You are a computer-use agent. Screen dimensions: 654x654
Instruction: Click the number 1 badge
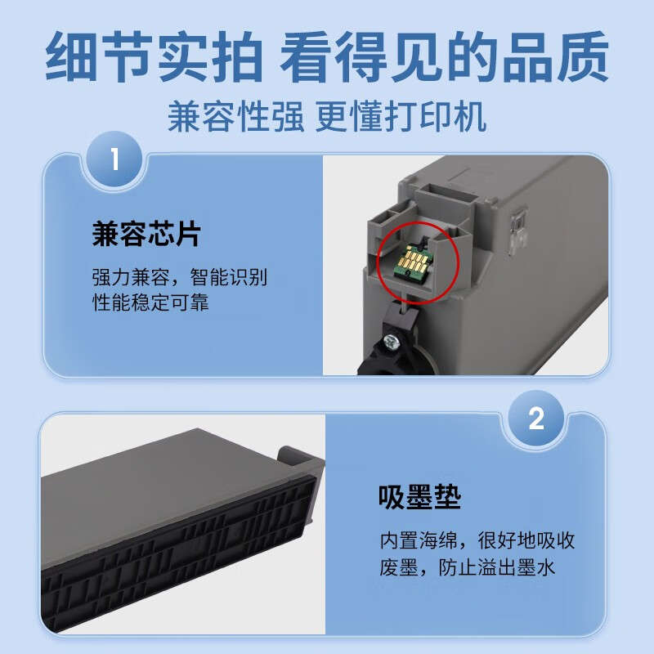[115, 159]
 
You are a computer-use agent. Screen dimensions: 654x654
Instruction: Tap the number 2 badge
[536, 419]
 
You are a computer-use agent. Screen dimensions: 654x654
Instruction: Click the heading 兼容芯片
[146, 235]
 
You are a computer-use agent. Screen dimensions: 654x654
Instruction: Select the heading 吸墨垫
[419, 497]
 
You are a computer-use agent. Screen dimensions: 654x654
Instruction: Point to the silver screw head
[391, 340]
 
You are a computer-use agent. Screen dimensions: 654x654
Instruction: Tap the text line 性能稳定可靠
[150, 302]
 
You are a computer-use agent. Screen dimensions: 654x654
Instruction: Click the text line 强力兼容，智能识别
[180, 277]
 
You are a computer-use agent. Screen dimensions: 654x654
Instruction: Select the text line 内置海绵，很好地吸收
[477, 540]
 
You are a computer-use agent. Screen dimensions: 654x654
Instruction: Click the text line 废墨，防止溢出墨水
[468, 567]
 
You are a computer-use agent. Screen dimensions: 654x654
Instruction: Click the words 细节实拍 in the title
[154, 56]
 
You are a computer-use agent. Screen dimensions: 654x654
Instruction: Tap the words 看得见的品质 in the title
[444, 56]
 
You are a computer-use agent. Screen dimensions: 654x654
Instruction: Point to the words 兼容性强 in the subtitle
[235, 117]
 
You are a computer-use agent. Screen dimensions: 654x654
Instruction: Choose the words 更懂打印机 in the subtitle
[401, 117]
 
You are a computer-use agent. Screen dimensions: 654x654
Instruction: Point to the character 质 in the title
[583, 56]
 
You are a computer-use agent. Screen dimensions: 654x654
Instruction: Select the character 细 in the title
[71, 56]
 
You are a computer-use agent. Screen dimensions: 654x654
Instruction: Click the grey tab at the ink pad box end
[301, 463]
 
